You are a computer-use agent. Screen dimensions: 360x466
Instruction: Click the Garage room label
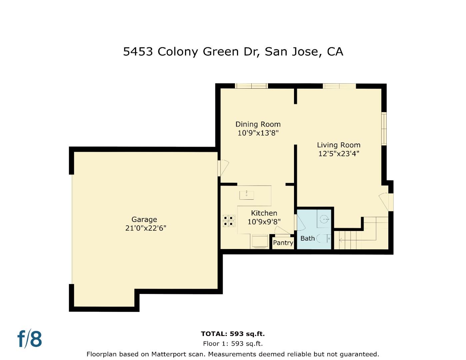[144, 219]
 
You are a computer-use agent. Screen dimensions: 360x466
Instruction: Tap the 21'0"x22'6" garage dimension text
[146, 228]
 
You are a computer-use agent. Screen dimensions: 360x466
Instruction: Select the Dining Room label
[258, 124]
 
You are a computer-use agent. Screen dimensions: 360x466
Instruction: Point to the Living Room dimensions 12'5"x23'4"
[339, 154]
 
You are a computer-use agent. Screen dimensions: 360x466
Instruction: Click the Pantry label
[283, 243]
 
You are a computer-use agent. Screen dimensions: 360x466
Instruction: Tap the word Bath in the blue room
[307, 238]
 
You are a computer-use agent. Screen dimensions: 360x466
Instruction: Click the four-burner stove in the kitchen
[229, 221]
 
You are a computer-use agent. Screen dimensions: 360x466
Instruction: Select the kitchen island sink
[246, 194]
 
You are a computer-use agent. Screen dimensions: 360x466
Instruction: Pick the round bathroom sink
[324, 219]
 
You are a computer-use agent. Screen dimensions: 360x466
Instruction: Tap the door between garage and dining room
[222, 168]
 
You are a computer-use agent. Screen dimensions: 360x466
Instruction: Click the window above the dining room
[252, 86]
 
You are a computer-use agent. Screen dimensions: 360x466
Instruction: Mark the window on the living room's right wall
[384, 129]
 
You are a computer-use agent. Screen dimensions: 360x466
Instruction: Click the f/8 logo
[30, 339]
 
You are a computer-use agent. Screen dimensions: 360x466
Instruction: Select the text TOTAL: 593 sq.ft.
[233, 334]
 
